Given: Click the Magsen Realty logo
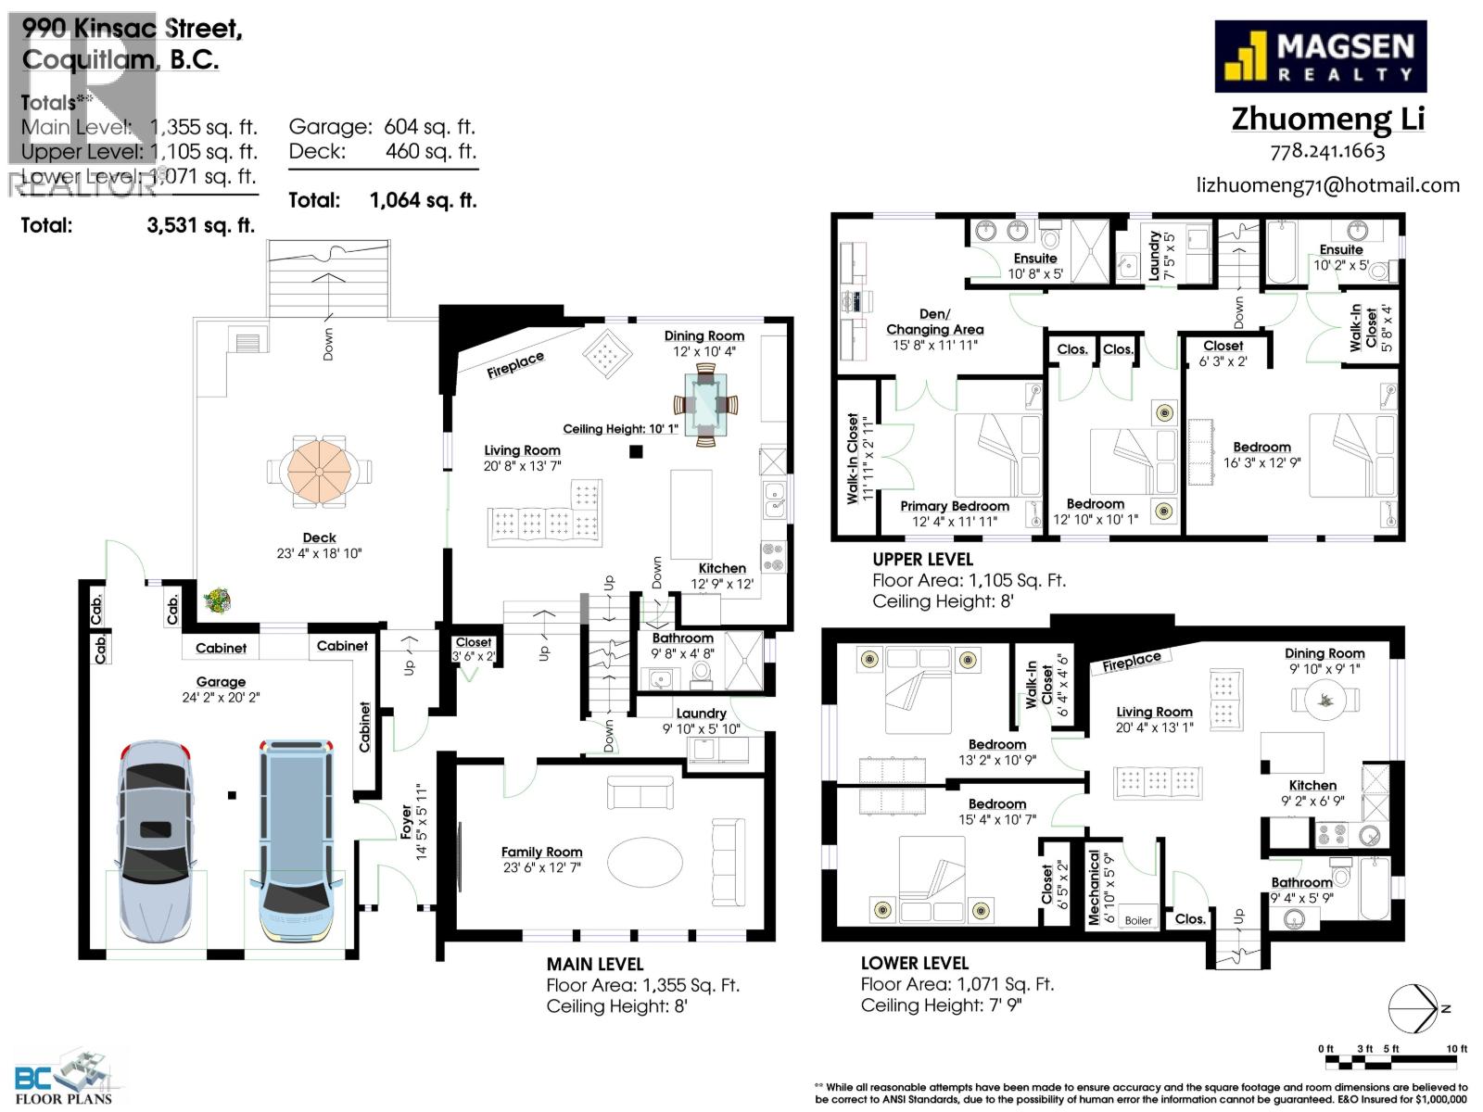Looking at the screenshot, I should (x=1320, y=57).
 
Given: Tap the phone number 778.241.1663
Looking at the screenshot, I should (x=1327, y=151).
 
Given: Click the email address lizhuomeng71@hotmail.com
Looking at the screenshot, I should (x=1327, y=184).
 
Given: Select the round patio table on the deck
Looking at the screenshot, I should (x=318, y=472).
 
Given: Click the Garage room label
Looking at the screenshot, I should (x=221, y=681).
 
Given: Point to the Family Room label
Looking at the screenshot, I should (x=541, y=852).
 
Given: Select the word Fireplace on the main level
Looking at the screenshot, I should (x=515, y=365).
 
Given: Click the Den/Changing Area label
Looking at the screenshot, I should (x=934, y=322).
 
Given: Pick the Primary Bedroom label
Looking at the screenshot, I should (x=955, y=506).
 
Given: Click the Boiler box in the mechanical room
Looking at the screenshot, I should (x=1138, y=919).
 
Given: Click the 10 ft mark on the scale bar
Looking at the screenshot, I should (x=1458, y=1048).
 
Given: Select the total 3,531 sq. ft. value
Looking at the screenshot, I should (x=200, y=224).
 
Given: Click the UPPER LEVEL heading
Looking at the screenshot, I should (x=922, y=559).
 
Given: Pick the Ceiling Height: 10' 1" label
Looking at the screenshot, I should (x=620, y=429).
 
